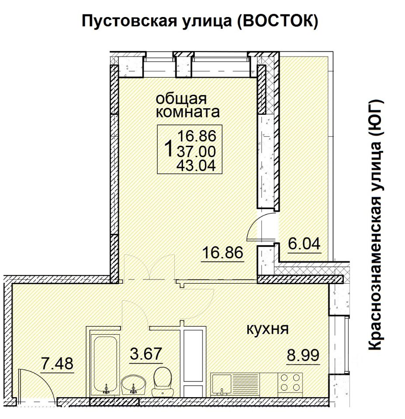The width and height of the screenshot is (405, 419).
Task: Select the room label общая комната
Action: pos(187,105)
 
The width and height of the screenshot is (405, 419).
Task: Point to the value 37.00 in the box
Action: pos(196,151)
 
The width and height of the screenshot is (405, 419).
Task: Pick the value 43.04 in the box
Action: pos(196,166)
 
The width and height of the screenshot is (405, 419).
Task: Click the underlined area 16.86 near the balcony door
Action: pos(223,253)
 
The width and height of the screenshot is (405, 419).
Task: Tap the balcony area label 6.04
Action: pos(304,244)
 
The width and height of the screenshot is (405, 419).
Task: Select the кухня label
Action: pos(267,329)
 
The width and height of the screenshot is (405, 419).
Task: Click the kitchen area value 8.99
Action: pos(303,355)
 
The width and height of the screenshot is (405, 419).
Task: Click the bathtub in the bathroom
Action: pos(105,364)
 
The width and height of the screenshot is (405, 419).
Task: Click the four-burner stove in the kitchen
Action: pos(290,382)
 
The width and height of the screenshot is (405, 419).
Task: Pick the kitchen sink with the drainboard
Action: pos(235,384)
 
